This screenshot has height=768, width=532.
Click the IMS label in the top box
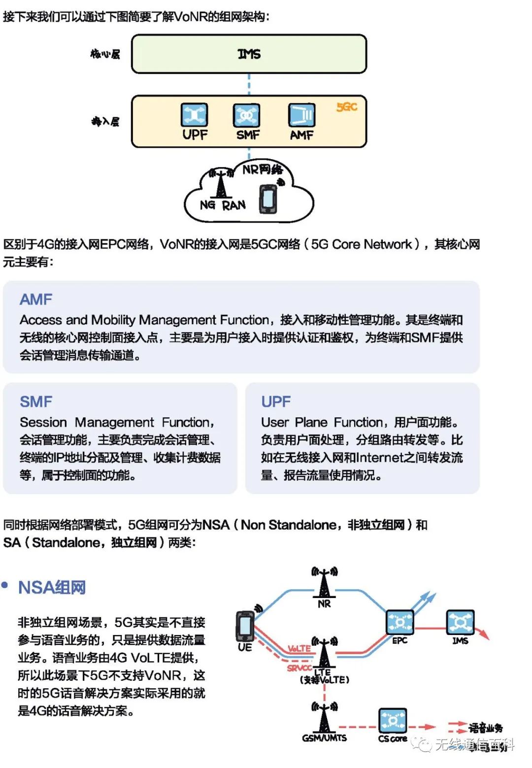(249, 54)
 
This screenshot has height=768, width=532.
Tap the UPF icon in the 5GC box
(195, 115)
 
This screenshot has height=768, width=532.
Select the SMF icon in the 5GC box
(246, 116)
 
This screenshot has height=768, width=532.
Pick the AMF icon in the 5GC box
(301, 116)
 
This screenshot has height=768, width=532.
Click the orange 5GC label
(347, 107)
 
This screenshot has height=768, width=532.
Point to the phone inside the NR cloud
(268, 199)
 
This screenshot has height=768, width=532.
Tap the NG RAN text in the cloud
(223, 205)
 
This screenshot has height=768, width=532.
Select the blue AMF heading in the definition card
(36, 299)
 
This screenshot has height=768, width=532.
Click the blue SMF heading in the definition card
(36, 401)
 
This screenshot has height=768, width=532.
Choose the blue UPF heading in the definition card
(276, 401)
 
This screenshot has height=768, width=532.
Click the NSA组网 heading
(52, 587)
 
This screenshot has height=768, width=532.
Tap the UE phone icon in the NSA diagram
(245, 625)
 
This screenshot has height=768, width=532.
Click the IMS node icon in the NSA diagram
(460, 622)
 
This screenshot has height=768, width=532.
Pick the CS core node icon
(393, 720)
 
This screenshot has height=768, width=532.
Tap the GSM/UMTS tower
(324, 718)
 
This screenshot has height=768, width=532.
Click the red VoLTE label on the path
(299, 648)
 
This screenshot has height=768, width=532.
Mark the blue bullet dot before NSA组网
(5, 585)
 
